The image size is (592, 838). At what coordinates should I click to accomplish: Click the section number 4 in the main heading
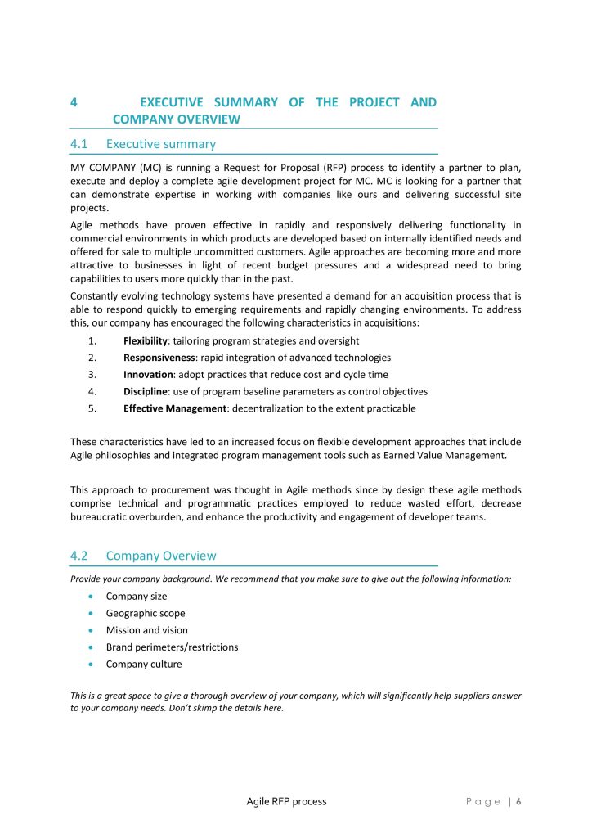pyautogui.click(x=74, y=103)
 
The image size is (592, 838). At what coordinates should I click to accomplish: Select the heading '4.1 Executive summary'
pyautogui.click(x=143, y=144)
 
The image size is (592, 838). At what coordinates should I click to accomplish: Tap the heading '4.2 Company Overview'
pyautogui.click(x=143, y=556)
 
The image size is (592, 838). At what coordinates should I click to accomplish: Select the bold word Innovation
pyautogui.click(x=148, y=375)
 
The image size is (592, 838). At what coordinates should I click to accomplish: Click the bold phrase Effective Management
pyautogui.click(x=175, y=408)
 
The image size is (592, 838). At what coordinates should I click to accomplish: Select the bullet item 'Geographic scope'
pyautogui.click(x=146, y=613)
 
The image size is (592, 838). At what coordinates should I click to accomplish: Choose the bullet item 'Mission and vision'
pyautogui.click(x=147, y=630)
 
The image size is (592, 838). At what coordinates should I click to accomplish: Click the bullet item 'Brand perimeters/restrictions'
pyautogui.click(x=172, y=647)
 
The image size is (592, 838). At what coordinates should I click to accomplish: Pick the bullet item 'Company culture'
pyautogui.click(x=144, y=665)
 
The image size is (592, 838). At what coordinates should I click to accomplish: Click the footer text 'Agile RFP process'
pyautogui.click(x=286, y=801)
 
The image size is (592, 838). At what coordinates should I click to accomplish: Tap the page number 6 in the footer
pyautogui.click(x=518, y=802)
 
